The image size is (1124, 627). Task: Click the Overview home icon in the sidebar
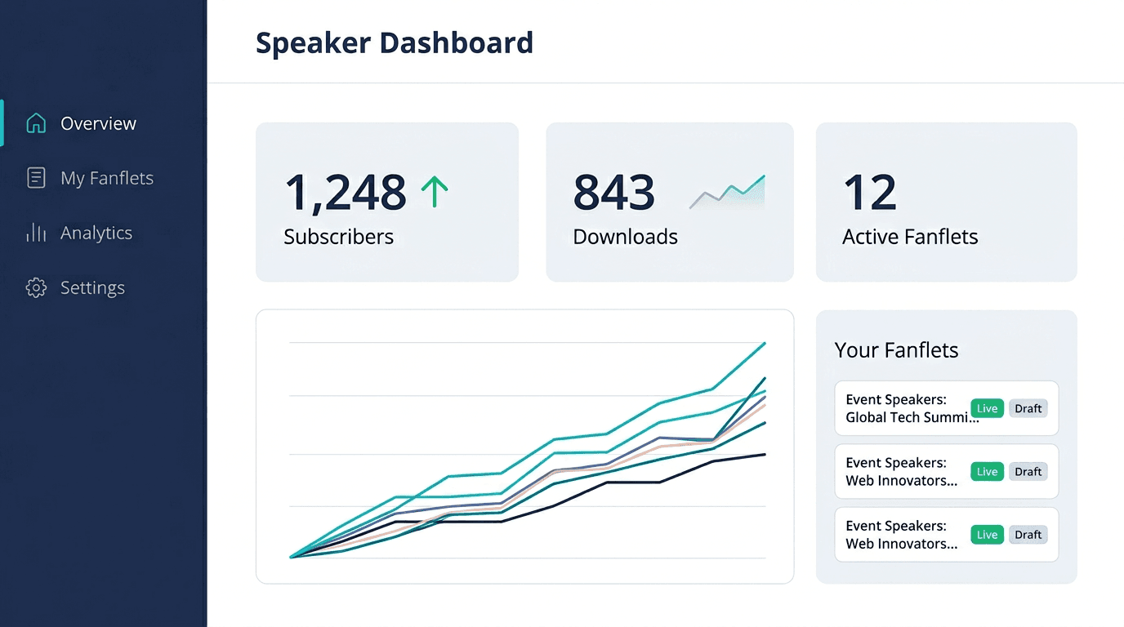[36, 123]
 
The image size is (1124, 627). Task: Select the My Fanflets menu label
[107, 178]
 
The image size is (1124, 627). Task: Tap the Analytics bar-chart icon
[36, 233]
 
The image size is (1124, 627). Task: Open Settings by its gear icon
[36, 287]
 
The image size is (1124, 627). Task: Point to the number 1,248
[345, 193]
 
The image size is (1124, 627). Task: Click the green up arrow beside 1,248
[435, 192]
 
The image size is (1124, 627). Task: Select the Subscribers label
[338, 237]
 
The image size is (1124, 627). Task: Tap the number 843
[613, 193]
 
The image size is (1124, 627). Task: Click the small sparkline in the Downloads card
[727, 192]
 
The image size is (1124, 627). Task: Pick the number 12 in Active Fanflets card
[869, 193]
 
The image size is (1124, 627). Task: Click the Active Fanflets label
[910, 237]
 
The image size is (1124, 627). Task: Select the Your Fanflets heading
[896, 350]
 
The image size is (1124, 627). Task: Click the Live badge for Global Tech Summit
[987, 408]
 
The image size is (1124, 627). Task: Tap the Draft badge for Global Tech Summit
[1028, 408]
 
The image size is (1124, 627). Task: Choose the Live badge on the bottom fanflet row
[987, 535]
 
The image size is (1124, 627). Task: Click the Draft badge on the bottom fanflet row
[1028, 535]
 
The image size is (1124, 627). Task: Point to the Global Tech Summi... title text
[912, 417]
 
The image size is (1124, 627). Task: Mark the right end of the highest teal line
[765, 344]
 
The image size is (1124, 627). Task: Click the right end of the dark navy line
[765, 454]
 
